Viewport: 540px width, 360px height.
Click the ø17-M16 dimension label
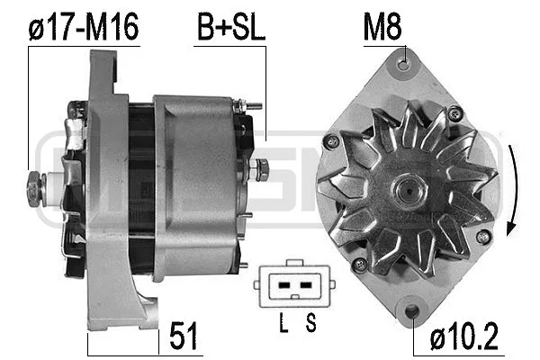(83, 29)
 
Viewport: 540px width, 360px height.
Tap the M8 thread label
(382, 29)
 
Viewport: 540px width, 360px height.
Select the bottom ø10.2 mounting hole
(412, 311)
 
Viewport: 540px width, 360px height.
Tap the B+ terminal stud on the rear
(262, 168)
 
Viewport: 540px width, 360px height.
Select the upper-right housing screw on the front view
(455, 112)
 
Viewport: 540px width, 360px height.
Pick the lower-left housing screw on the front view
(360, 264)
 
